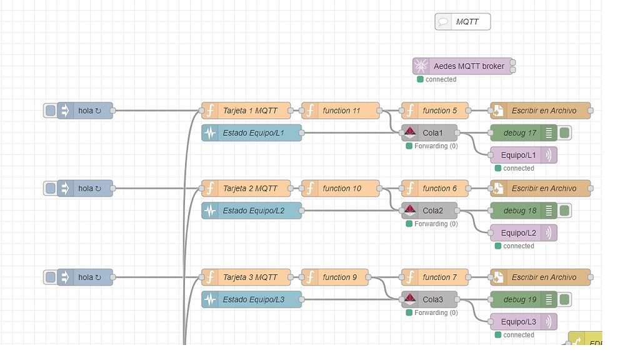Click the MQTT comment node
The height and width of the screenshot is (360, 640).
462,22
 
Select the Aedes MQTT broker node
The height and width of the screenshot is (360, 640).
462,66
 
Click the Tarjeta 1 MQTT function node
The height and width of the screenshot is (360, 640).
246,111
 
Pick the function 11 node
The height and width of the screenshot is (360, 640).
341,111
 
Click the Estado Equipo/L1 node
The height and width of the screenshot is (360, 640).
251,133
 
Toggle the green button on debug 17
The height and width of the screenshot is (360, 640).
564,132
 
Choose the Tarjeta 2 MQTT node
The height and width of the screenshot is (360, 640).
246,189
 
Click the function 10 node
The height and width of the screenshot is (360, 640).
341,189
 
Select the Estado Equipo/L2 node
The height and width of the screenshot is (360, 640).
251,211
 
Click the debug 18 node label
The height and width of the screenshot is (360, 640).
519,211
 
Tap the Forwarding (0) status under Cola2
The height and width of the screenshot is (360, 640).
436,224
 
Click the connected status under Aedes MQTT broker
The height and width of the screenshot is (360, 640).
441,79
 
